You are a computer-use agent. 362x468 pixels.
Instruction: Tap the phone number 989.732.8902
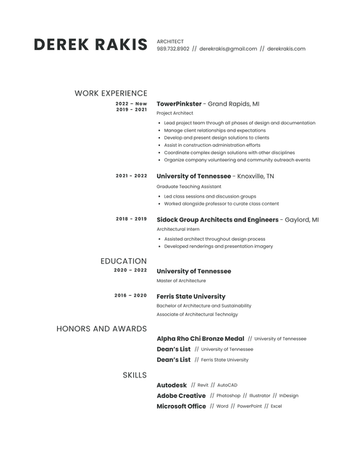tap(173, 49)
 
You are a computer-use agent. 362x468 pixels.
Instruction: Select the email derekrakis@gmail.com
tap(228, 49)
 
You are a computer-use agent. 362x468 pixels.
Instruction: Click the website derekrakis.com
tap(286, 49)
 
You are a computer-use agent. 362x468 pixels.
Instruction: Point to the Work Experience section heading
tap(111, 93)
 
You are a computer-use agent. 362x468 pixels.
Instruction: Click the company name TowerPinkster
tap(179, 103)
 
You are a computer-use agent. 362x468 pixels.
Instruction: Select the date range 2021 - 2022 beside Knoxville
tap(131, 176)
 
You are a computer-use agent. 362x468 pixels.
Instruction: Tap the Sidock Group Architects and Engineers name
tap(217, 219)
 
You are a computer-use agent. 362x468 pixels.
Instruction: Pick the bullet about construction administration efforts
tap(212, 145)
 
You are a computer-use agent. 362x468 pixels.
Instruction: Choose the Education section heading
tap(123, 261)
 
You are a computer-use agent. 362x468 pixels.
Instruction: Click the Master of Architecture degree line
tap(181, 281)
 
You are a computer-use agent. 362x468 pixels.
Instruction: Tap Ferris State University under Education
tap(190, 296)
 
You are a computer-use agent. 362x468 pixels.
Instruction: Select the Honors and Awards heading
tap(101, 329)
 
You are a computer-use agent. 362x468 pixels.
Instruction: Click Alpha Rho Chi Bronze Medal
tap(200, 339)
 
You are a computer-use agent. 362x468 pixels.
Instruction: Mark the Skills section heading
tap(135, 375)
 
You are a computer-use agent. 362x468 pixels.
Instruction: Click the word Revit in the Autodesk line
tap(203, 386)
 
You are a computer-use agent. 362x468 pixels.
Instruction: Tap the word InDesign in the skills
tap(288, 396)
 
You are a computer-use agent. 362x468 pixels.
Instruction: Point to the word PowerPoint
tap(250, 407)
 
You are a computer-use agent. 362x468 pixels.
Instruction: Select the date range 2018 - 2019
tap(131, 218)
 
